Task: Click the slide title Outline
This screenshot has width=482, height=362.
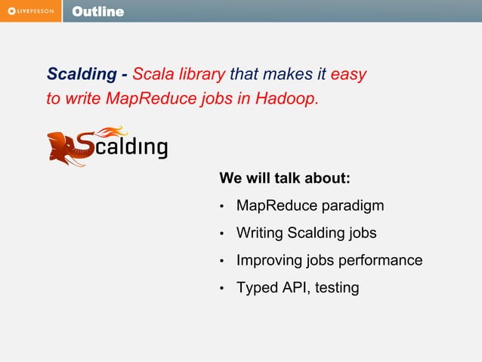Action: pos(97,11)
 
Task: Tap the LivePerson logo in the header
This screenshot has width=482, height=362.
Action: pos(31,11)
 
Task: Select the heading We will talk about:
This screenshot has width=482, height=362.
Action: pos(284,178)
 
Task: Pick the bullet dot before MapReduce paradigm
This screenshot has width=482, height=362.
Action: pos(222,206)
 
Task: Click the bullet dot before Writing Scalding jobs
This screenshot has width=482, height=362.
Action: pos(222,234)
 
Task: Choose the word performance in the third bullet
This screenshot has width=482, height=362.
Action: pos(381,261)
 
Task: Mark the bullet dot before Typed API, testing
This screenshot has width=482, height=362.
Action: pos(222,289)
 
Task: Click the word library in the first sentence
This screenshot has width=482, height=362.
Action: pos(200,75)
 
